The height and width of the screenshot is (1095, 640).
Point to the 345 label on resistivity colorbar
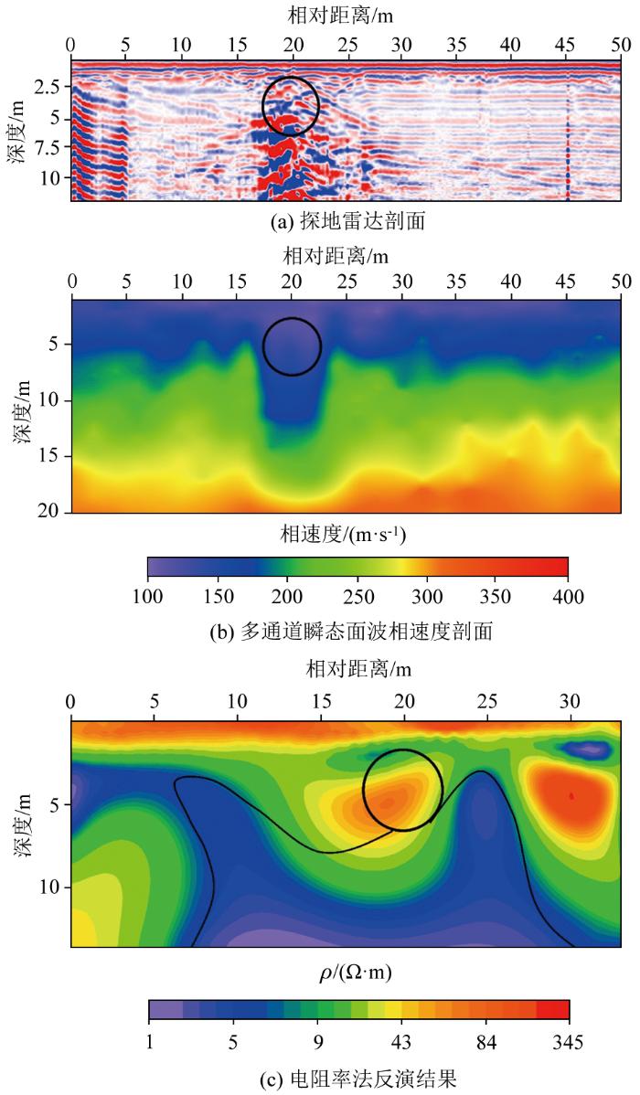pyautogui.click(x=569, y=1043)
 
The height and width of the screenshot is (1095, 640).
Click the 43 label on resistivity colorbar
pyautogui.click(x=400, y=1043)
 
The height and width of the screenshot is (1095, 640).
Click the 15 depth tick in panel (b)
pyautogui.click(x=50, y=455)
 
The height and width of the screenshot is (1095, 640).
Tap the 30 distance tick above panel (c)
pyautogui.click(x=571, y=702)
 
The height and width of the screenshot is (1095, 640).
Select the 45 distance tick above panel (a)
pyautogui.click(x=568, y=44)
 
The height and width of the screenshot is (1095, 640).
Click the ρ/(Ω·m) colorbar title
pyautogui.click(x=357, y=972)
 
